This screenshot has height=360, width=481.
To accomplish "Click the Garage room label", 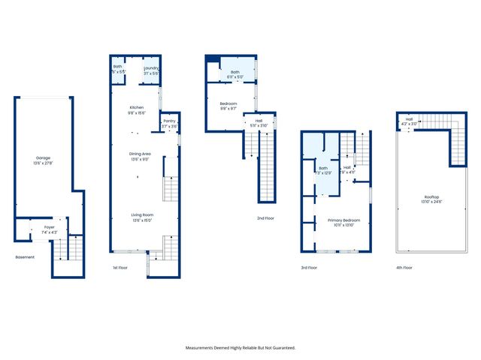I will click(x=43, y=158).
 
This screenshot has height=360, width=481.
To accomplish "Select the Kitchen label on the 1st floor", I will click(x=136, y=108).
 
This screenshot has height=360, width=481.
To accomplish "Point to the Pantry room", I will click(x=169, y=123).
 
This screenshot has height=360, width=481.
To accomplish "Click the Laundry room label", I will click(x=151, y=68).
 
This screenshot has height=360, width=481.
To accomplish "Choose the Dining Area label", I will click(x=136, y=154).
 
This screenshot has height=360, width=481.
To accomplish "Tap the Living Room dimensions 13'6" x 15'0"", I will click(x=136, y=220).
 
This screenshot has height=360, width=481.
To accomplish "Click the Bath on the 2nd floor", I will click(x=234, y=73).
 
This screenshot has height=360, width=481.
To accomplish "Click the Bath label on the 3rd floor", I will click(x=323, y=168).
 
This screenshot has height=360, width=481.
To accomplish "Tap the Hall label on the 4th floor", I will click(x=410, y=118).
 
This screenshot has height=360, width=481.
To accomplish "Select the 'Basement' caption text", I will click(x=26, y=257).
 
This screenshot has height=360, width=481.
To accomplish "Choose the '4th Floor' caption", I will click(x=404, y=267).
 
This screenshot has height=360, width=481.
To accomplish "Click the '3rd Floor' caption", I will click(x=308, y=267).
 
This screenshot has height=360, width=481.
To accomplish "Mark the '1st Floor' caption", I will click(x=120, y=267).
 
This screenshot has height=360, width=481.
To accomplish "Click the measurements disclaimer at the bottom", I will click(x=240, y=347).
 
